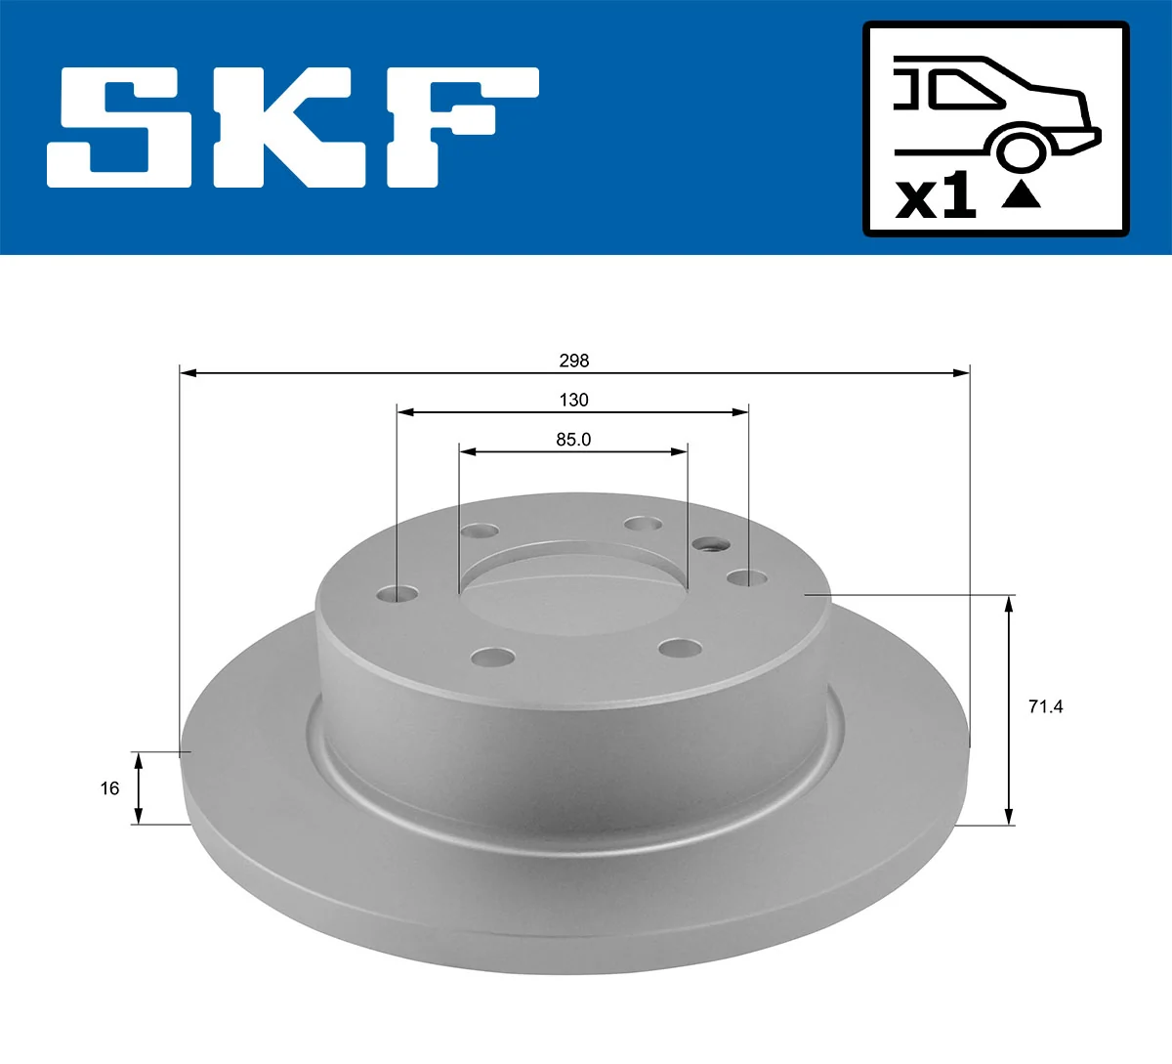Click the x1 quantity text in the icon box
point(935,196)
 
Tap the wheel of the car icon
point(1019,151)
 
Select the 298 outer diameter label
point(574,361)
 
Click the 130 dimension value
point(574,400)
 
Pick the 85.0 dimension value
point(574,440)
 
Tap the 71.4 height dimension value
point(1045,706)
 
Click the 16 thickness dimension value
point(109,787)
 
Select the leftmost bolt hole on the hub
point(397,594)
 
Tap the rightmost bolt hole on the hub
point(747,578)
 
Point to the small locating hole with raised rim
point(709,544)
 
